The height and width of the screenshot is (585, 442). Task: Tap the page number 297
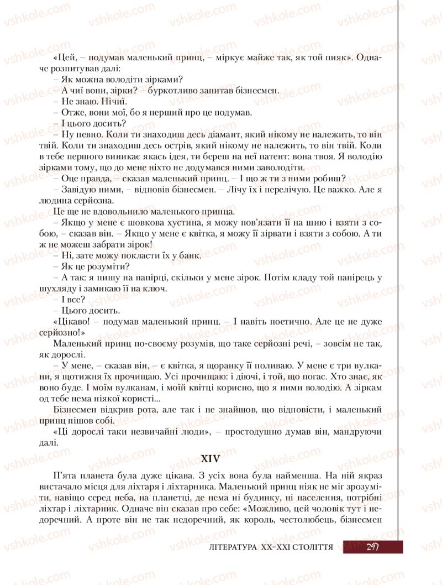click(x=372, y=546)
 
